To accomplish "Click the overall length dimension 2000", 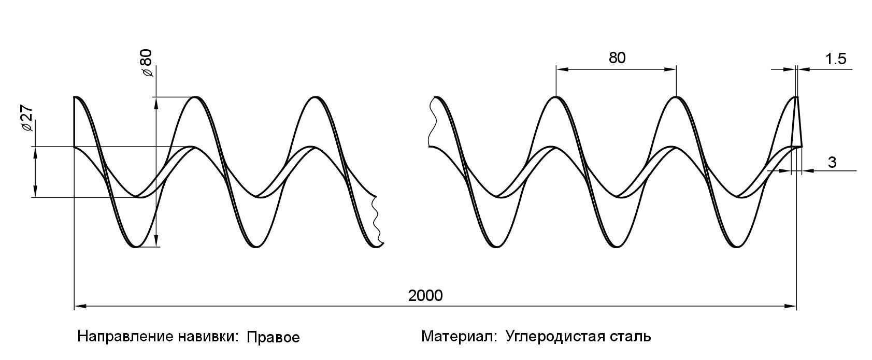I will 425,296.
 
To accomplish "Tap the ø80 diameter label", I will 147,63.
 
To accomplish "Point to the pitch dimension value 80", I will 617,57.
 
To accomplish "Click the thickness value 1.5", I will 835,59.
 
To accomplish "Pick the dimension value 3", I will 832,162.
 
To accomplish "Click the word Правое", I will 273,338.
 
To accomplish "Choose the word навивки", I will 207,337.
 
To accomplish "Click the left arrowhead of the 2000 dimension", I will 80,307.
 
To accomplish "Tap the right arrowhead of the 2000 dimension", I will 791,307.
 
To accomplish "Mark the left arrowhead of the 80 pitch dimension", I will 561,69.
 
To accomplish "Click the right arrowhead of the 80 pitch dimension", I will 671,69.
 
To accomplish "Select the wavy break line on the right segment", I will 431,122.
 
